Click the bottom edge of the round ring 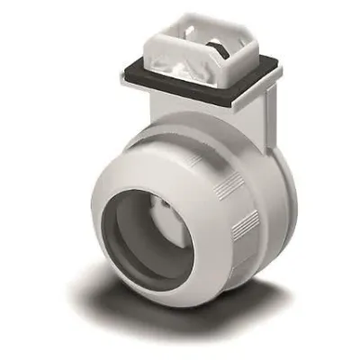180,302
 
